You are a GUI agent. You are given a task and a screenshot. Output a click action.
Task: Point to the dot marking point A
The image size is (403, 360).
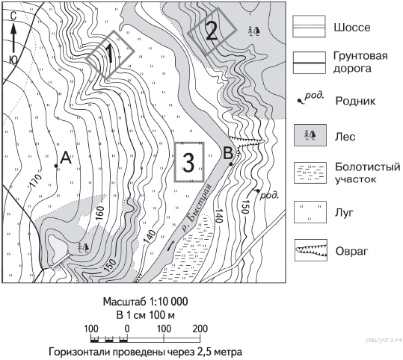coord(56,166)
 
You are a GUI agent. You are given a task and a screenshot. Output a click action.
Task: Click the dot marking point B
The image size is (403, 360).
coord(231,164)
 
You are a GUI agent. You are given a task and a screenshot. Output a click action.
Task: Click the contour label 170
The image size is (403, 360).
coord(35,181)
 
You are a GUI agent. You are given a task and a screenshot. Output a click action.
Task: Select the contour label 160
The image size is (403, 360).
coord(100,213)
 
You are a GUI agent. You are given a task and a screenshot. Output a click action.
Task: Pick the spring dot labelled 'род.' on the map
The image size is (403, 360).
coord(258,190)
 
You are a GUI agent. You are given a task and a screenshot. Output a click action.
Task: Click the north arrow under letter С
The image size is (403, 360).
coord(13,38)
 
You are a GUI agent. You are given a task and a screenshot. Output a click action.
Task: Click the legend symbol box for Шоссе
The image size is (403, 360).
coord(310,26)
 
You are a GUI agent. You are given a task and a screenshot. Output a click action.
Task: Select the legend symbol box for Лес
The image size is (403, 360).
coord(310,135)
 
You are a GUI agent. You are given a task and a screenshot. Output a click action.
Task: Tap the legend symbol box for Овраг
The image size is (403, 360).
coord(311,250)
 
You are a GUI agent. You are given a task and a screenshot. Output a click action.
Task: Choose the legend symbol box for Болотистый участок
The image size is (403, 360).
coord(310,173)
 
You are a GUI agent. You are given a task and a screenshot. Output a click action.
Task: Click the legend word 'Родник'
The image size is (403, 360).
coord(355,101)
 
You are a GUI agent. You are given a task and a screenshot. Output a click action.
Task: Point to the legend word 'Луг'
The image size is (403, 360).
coord(345,212)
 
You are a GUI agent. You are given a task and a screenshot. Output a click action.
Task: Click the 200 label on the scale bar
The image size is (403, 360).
coord(200,329)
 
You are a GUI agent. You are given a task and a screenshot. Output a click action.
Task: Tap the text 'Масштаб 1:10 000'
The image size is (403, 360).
coord(145,302)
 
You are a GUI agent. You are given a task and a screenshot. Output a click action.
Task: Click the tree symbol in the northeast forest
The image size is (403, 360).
coord(253,31)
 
